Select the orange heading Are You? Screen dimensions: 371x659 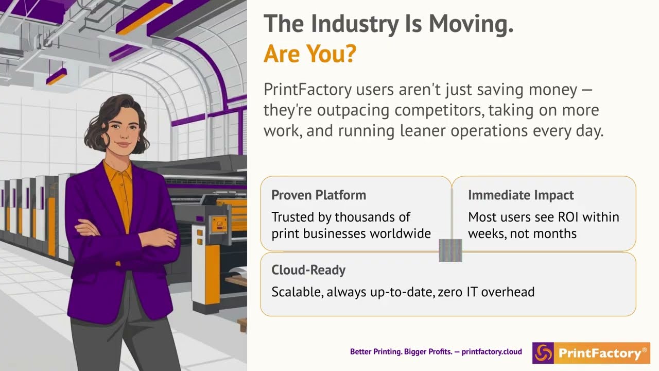coord(310,54)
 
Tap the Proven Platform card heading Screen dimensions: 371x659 coord(319,195)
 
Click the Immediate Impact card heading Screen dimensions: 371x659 coord(521,195)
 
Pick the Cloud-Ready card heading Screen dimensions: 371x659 coord(308,270)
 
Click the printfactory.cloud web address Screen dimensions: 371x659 coord(492,352)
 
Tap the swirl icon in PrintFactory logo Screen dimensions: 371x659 coord(543,353)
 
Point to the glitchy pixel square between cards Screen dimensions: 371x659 coord(450,250)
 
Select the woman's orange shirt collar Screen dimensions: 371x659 coord(119,170)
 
